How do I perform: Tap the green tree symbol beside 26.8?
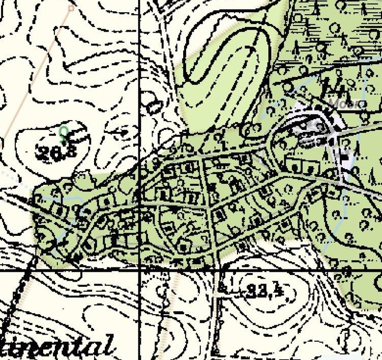(64, 133)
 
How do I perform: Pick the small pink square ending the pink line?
(71, 8)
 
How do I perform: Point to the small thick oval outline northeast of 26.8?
(154, 107)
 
